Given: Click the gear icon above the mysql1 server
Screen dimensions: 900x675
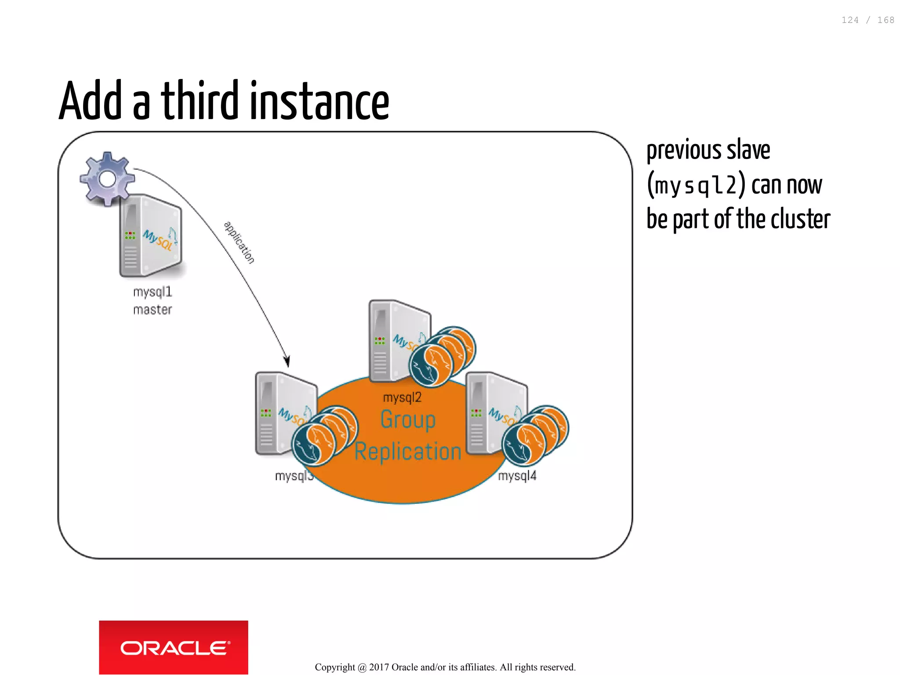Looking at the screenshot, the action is pyautogui.click(x=107, y=179).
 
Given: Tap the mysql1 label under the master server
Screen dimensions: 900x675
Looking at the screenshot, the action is pyautogui.click(x=152, y=292).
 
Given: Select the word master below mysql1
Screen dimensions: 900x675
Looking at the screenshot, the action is pyautogui.click(x=152, y=310).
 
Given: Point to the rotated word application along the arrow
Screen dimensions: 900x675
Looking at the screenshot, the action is pyautogui.click(x=240, y=242).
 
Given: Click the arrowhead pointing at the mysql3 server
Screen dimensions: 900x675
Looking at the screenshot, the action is pyautogui.click(x=287, y=361).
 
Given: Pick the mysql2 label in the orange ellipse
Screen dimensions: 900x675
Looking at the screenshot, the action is pyautogui.click(x=402, y=397).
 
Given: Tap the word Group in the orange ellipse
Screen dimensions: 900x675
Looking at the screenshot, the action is pyautogui.click(x=408, y=420).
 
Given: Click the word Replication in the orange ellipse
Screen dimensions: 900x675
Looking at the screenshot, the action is pyautogui.click(x=408, y=452).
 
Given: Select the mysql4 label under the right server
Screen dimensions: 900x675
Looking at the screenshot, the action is pyautogui.click(x=517, y=476).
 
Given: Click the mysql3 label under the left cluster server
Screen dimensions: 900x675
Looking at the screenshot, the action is pyautogui.click(x=294, y=476).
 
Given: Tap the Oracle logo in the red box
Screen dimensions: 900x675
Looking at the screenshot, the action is pyautogui.click(x=174, y=648).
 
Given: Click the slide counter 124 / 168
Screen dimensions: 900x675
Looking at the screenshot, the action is pyautogui.click(x=867, y=20).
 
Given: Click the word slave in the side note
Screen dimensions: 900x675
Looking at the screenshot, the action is pyautogui.click(x=748, y=150).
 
